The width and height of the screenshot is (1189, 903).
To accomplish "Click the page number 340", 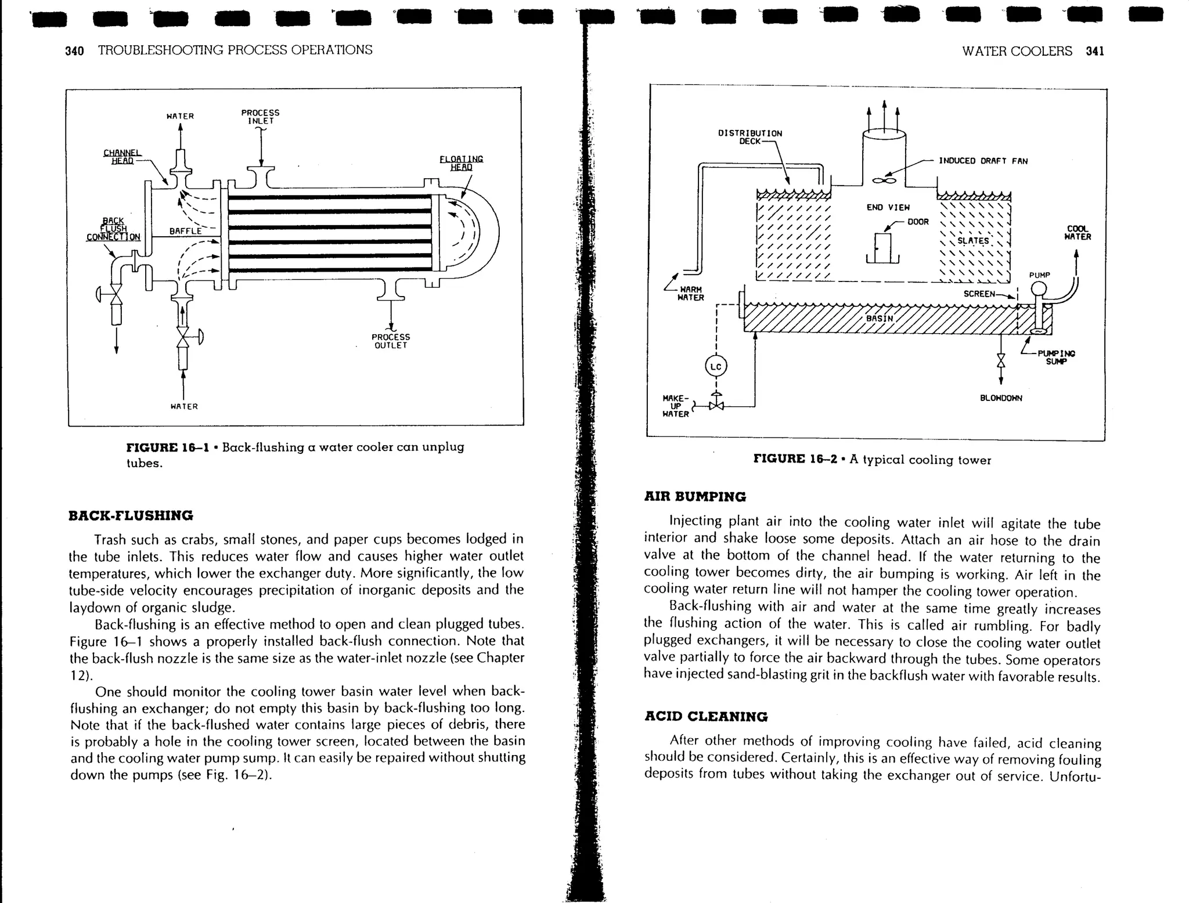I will coord(74,50).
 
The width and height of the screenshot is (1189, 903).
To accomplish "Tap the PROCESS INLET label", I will coord(260,117).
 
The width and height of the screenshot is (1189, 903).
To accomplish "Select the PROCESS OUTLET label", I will coord(391,341).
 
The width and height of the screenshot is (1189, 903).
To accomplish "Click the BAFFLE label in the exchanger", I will coord(185,231).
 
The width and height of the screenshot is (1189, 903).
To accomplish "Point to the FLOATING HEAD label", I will coord(461,163).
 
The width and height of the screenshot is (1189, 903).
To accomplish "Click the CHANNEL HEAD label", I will coord(122,157).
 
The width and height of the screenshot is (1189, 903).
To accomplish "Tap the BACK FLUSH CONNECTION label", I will coord(113,229).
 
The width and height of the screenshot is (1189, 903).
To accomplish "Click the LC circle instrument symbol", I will coord(716,367).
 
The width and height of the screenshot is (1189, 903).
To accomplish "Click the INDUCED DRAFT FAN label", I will coord(983,161).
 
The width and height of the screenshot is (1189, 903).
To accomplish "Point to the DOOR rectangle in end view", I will coord(882,248).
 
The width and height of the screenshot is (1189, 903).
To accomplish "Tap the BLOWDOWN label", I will coord(1001,398).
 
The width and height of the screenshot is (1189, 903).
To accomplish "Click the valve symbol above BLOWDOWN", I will coord(1000,360).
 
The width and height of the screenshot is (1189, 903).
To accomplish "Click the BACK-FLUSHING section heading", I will coord(131,515).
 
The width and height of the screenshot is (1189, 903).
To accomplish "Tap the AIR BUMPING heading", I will coord(694,497).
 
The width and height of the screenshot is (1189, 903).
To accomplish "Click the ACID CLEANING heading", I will coord(705,716).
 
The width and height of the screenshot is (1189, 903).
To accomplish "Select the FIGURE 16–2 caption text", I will coord(872,460).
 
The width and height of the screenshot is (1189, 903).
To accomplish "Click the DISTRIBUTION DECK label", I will coord(750,137).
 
